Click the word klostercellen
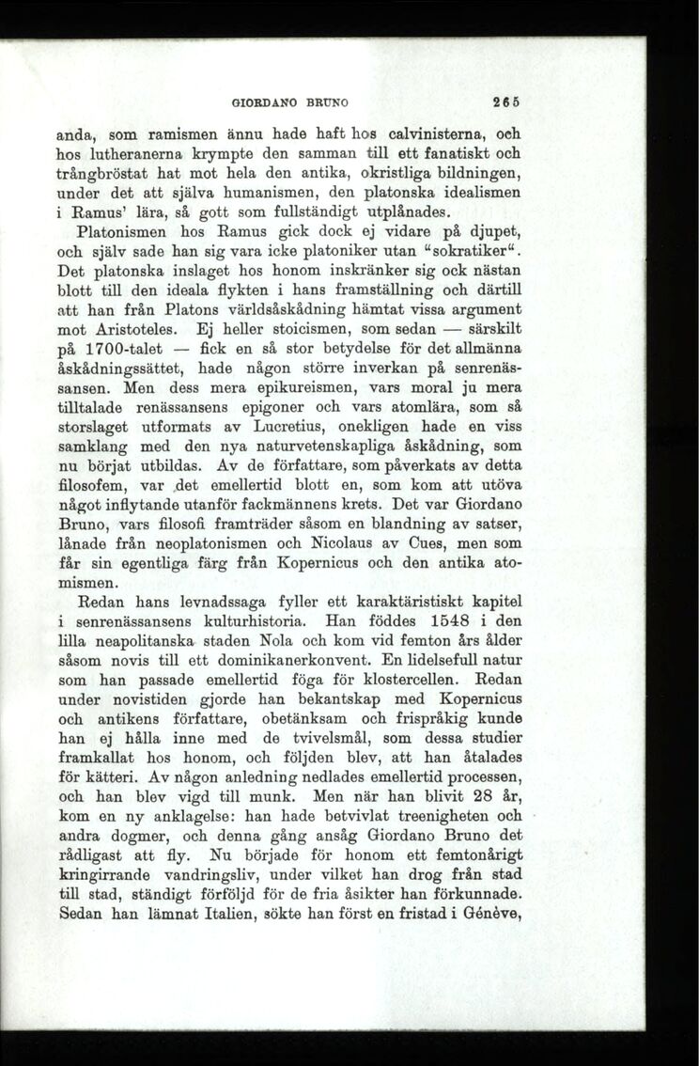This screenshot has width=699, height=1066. tap(398, 680)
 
